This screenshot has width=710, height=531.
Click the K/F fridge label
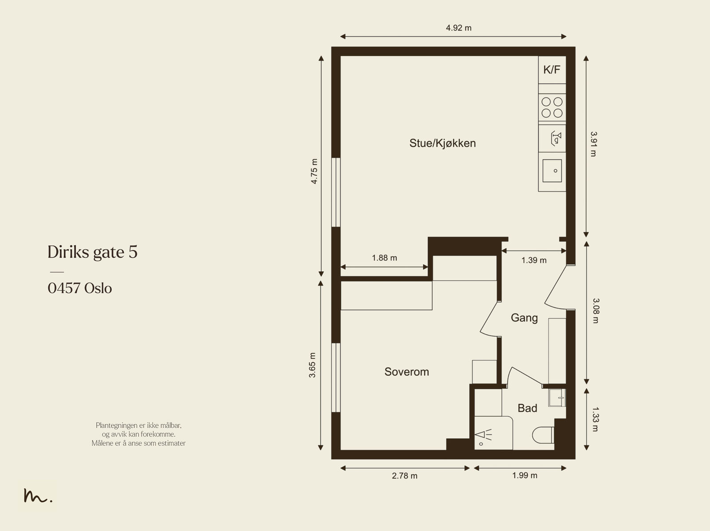coord(552,70)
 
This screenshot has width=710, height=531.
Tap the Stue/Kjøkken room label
coord(442,143)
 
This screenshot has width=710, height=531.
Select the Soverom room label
coord(406,372)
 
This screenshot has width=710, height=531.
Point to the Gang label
coord(525,318)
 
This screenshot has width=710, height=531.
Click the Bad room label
coord(527,408)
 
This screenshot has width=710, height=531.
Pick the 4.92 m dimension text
coord(459,28)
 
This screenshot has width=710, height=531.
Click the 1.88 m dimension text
coord(384,258)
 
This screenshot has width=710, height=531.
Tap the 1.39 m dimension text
coord(534,260)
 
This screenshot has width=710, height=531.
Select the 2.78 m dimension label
coord(405,476)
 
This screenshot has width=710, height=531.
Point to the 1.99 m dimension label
coord(525,476)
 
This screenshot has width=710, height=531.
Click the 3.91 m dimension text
coord(594,144)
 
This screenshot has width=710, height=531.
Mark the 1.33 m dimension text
coord(596,419)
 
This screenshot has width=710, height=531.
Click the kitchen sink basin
coord(552,171)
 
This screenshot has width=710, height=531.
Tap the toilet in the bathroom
coord(543,435)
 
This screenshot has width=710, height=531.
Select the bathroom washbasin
coord(557,398)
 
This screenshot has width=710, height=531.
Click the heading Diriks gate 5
coord(92,252)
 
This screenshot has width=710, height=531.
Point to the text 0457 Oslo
coord(79,288)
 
